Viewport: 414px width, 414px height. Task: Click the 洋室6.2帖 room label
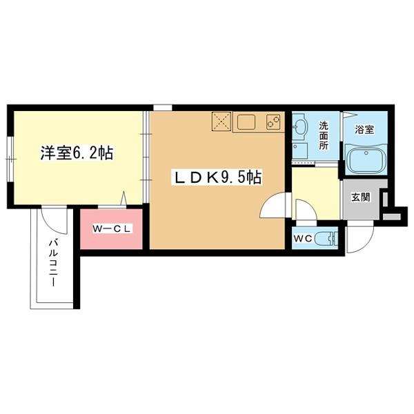76,154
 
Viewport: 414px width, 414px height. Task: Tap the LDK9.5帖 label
216,177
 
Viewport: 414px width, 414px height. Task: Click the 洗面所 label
324,136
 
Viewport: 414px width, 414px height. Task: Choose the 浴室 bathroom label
364,129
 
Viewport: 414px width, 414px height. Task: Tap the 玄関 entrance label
360,197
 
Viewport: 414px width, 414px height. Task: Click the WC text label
304,239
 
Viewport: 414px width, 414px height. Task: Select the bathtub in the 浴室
365,159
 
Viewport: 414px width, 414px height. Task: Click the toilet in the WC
330,239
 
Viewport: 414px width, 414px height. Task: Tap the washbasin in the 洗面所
300,128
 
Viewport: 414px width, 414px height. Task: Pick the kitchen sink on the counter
244,123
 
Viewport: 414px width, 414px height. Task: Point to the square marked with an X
220,122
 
